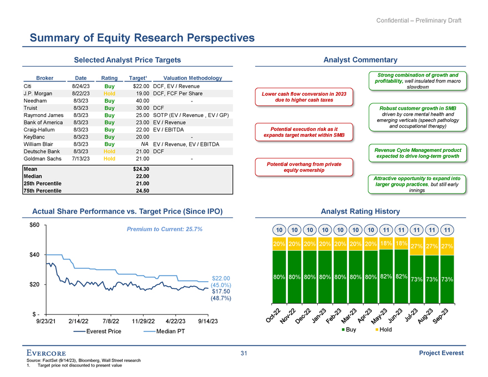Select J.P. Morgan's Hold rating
109,94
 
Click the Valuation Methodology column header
189,78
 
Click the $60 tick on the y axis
34,225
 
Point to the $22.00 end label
221,278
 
